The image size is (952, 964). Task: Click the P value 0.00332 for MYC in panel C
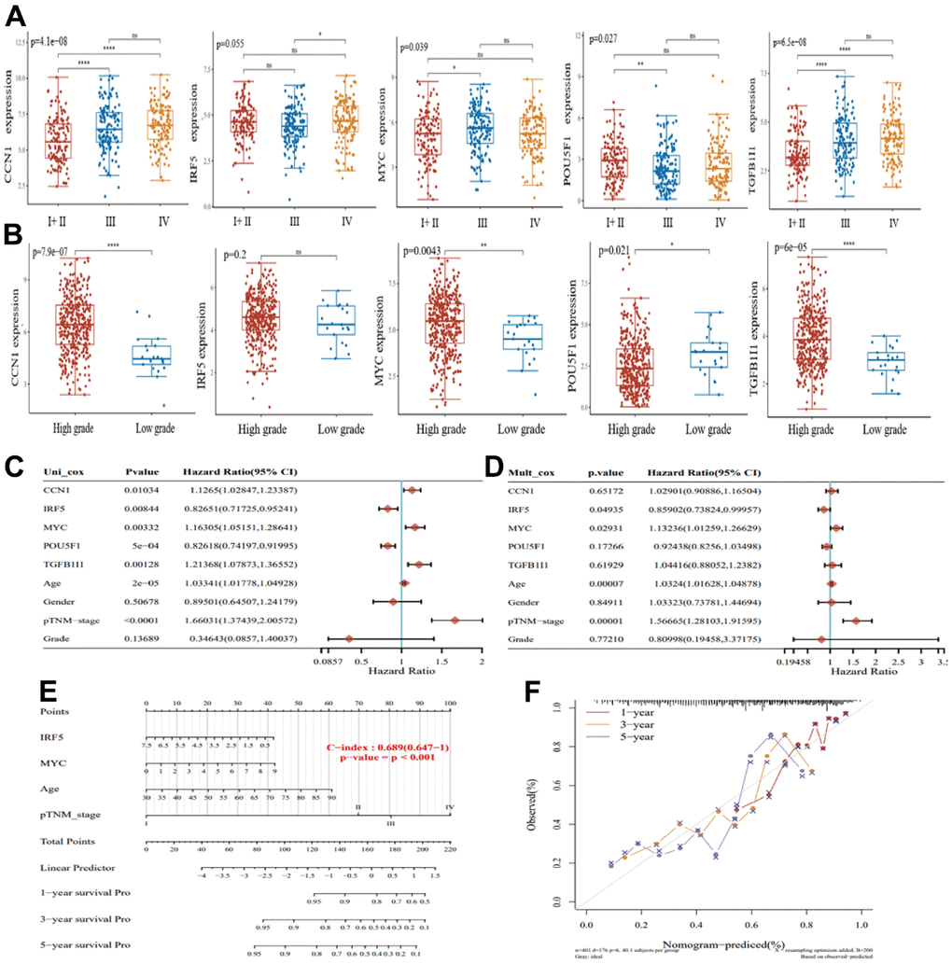143,524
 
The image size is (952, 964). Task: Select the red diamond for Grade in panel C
349,638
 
